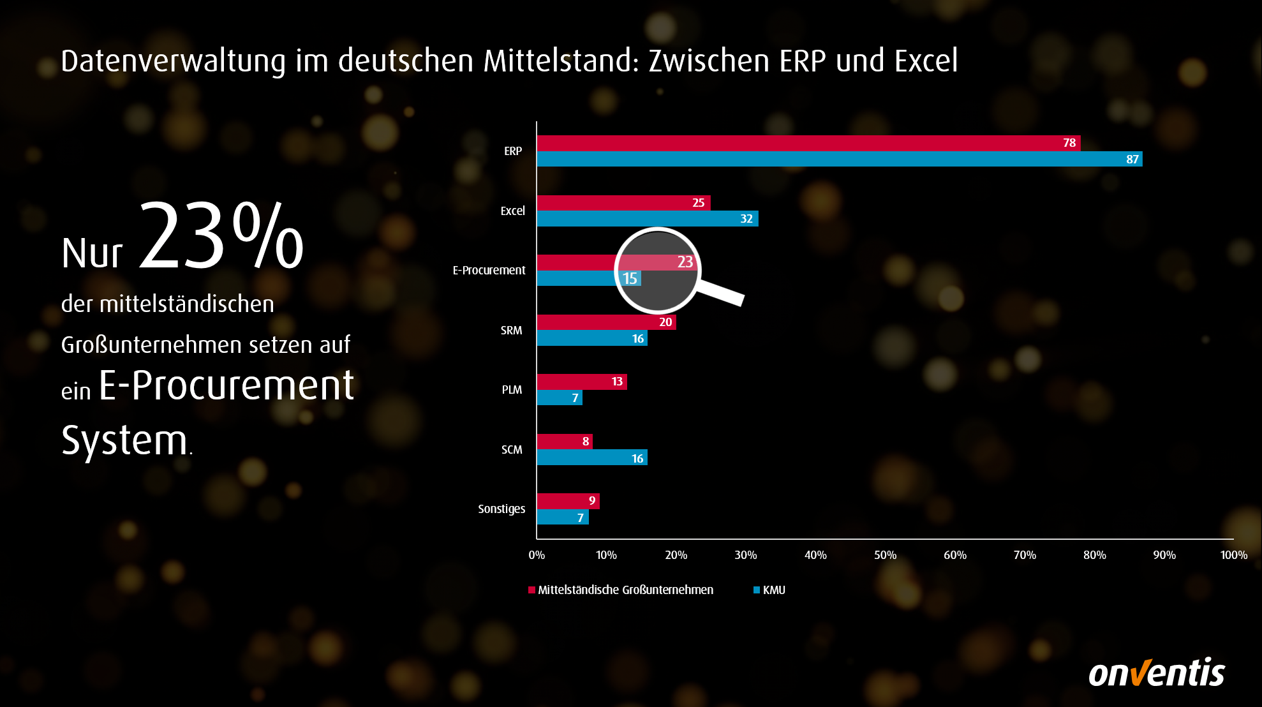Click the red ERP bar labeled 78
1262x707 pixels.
click(808, 143)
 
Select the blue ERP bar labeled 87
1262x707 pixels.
click(839, 159)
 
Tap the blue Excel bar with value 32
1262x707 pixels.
click(647, 219)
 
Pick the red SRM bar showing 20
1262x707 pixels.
click(606, 322)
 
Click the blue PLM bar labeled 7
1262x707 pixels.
click(560, 398)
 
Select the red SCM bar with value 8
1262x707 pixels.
click(565, 442)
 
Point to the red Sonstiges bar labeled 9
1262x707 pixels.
click(568, 501)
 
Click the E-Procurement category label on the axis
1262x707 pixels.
click(489, 271)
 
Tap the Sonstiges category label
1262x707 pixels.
click(501, 509)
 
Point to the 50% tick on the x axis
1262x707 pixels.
click(885, 555)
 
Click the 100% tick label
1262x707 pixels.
click(1233, 555)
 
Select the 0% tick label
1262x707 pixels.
click(537, 555)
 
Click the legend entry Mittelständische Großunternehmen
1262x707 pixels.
click(625, 590)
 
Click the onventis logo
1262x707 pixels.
click(1156, 673)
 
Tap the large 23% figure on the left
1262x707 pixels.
click(221, 236)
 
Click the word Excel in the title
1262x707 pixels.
click(926, 61)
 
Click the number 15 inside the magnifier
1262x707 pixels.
click(630, 279)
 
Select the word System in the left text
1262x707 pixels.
click(124, 440)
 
